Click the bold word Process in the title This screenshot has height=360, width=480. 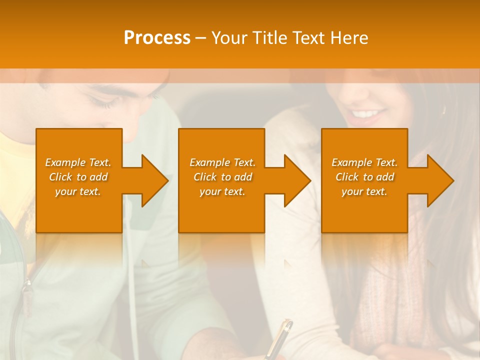[157, 38]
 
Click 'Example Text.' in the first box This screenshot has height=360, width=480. [78, 162]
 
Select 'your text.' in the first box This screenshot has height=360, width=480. [78, 191]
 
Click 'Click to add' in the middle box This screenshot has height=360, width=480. [222, 177]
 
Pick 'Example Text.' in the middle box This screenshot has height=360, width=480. [222, 162]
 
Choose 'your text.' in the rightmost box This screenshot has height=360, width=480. [364, 191]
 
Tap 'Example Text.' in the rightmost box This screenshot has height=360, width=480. [364, 162]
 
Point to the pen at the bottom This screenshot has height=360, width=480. [280, 337]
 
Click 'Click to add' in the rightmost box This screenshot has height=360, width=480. [364, 177]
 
